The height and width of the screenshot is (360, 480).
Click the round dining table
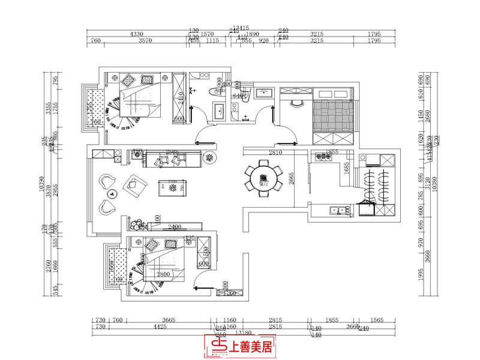[263, 176]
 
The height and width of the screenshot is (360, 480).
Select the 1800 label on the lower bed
[163, 274]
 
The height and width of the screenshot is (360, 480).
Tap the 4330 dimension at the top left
[137, 34]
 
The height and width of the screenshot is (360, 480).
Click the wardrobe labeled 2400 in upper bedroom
[179, 97]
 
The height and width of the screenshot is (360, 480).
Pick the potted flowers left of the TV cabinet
[137, 225]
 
